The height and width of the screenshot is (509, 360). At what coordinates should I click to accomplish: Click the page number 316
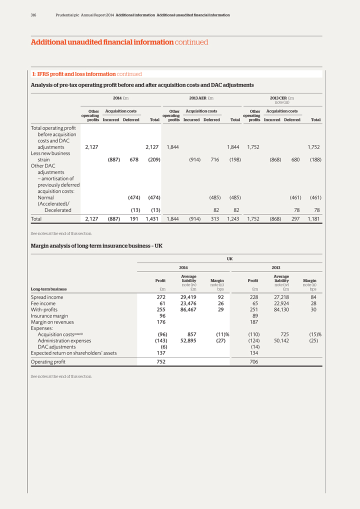(x=33, y=15)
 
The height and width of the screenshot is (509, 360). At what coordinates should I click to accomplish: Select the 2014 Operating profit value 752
(x=161, y=362)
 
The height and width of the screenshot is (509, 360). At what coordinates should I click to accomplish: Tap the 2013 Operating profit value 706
(x=253, y=362)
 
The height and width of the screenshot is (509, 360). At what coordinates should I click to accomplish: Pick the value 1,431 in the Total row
(x=152, y=219)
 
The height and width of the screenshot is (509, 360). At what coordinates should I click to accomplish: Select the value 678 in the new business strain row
(x=134, y=160)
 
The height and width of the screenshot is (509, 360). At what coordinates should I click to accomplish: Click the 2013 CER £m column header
(x=281, y=98)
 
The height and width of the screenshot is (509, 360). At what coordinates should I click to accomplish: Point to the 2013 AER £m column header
(x=201, y=98)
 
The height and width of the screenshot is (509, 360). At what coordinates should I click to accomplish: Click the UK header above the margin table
(x=229, y=259)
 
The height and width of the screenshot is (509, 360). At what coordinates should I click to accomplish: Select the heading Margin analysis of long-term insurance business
(x=96, y=246)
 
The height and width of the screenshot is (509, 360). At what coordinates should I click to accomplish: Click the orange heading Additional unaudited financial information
(x=102, y=42)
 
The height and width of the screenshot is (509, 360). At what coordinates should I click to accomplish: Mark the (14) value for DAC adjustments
(x=254, y=347)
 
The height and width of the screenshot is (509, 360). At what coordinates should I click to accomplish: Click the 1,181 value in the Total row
(x=313, y=219)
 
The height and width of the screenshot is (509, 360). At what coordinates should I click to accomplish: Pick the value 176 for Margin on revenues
(x=161, y=322)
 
